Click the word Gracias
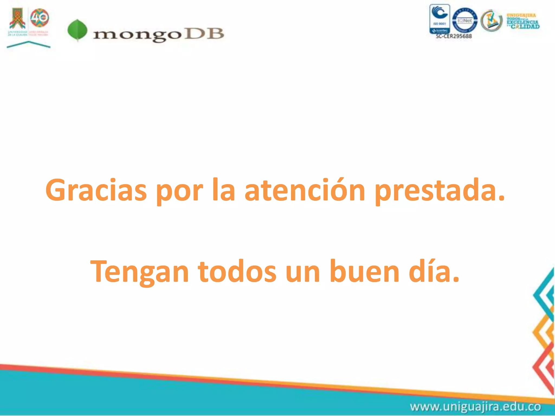pos(96,190)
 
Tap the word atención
pos(305,190)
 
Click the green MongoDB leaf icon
pos(78,30)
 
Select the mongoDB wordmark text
pos(159,34)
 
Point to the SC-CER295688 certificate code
pos(454,36)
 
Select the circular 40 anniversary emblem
pos(40,18)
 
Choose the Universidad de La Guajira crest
pos(17,19)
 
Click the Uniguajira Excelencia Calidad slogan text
pos(523,21)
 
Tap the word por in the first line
pos(179,190)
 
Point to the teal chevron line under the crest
pos(28,44)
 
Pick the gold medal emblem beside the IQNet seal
pos(491,21)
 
